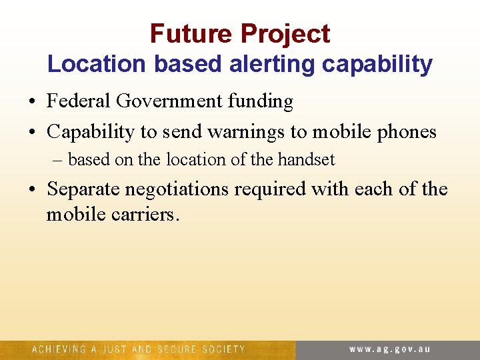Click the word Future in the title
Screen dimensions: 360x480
[x=191, y=33]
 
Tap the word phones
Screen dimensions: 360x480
[x=405, y=132]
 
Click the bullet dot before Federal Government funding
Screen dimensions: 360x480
[x=33, y=102]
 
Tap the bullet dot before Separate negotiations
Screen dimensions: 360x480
[x=33, y=190]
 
